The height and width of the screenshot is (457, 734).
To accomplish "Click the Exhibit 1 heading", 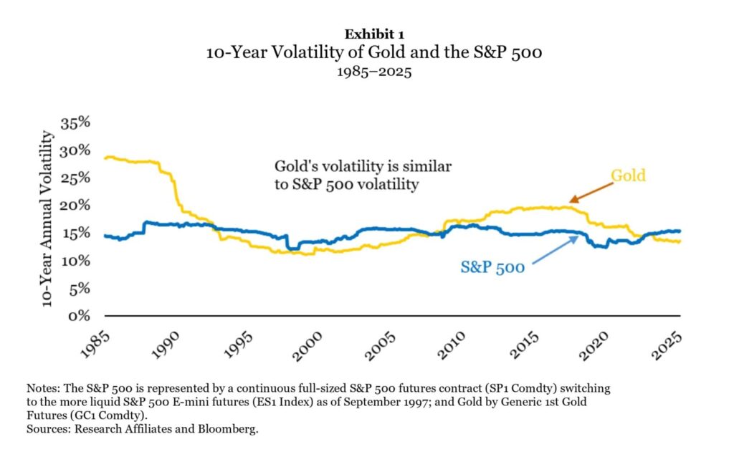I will click(366, 34).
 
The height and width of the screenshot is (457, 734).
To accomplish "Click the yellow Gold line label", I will click(628, 175).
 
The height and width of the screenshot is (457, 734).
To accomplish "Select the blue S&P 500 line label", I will click(493, 268).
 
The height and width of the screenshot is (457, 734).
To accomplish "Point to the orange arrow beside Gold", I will click(591, 192).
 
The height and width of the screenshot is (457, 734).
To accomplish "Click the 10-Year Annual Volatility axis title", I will click(49, 218).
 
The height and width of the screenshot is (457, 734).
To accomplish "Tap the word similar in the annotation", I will click(429, 166).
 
